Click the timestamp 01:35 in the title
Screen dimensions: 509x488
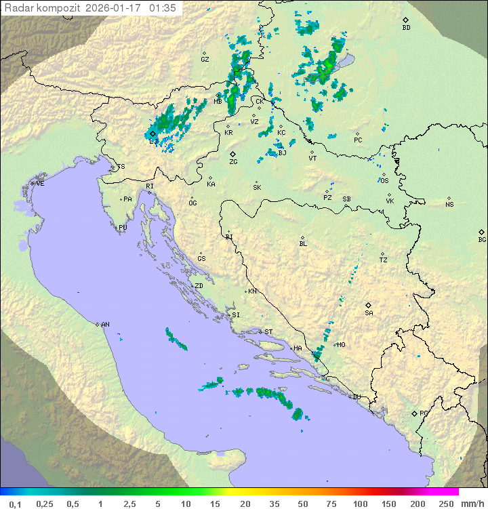163,8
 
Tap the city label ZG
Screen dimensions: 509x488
233,162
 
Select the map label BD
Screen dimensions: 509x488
406,28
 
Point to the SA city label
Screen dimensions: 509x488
369,313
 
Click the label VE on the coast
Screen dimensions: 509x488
40,184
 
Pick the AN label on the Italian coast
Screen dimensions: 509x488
105,325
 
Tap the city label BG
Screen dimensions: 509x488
482,239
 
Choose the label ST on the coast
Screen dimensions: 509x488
268,332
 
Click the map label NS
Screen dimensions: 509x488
449,205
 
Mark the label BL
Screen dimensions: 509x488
303,244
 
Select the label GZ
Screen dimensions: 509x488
205,60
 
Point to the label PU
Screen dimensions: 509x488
123,228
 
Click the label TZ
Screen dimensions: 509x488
384,260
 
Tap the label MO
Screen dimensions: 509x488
341,345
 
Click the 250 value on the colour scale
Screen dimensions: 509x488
446,504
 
